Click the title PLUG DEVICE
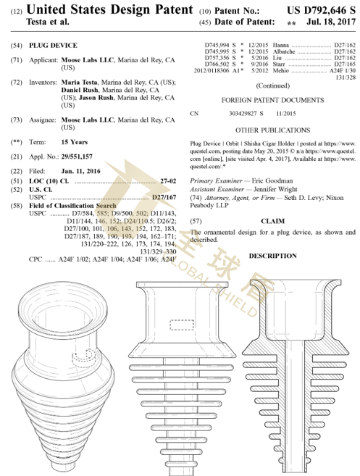tap(53, 46)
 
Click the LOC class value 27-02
tap(167, 179)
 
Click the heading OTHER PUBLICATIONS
tap(272, 130)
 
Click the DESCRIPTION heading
tap(272, 256)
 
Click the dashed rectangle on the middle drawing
tap(180, 324)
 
